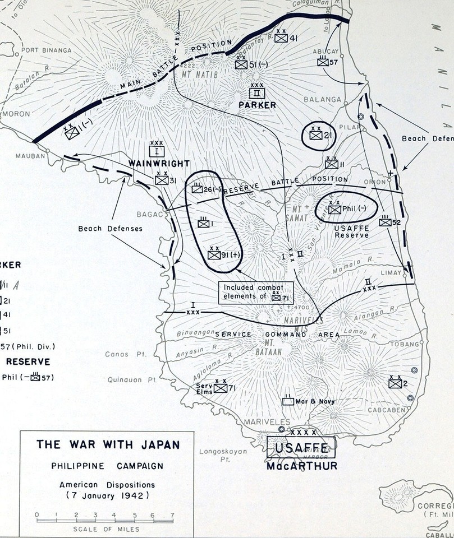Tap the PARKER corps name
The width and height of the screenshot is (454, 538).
258,105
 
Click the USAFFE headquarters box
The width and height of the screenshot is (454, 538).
301,447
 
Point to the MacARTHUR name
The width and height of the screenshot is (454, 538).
302,465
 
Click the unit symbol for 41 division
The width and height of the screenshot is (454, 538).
281,38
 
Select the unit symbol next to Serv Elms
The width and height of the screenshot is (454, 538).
220,388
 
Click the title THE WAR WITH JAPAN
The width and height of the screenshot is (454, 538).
108,445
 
